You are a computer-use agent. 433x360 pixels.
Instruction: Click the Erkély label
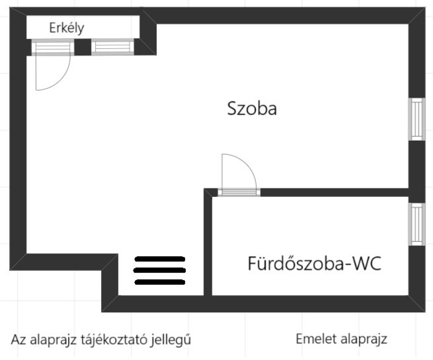pyautogui.click(x=66, y=28)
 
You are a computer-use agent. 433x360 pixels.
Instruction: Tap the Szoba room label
pyautogui.click(x=252, y=109)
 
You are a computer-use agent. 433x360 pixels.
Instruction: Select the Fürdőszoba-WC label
pyautogui.click(x=315, y=263)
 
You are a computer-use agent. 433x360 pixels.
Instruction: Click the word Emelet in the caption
pyautogui.click(x=317, y=339)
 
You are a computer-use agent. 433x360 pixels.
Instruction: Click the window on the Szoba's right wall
pyautogui.click(x=417, y=120)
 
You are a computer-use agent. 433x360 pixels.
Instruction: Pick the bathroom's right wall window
pyautogui.click(x=417, y=224)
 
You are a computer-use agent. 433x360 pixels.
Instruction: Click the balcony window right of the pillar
pyautogui.click(x=112, y=47)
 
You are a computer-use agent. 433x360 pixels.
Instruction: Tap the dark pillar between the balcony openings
pyautogui.click(x=83, y=47)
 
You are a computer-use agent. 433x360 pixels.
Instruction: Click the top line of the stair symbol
pyautogui.click(x=159, y=259)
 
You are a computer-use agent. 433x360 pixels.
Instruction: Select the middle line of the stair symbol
pyautogui.click(x=159, y=270)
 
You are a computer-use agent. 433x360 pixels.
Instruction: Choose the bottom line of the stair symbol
pyautogui.click(x=159, y=282)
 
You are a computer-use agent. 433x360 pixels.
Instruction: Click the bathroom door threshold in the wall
pyautogui.click(x=239, y=192)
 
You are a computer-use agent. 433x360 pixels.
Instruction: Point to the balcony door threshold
pyautogui.click(x=52, y=47)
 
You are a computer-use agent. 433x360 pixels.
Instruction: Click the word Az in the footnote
pyautogui.click(x=19, y=340)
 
